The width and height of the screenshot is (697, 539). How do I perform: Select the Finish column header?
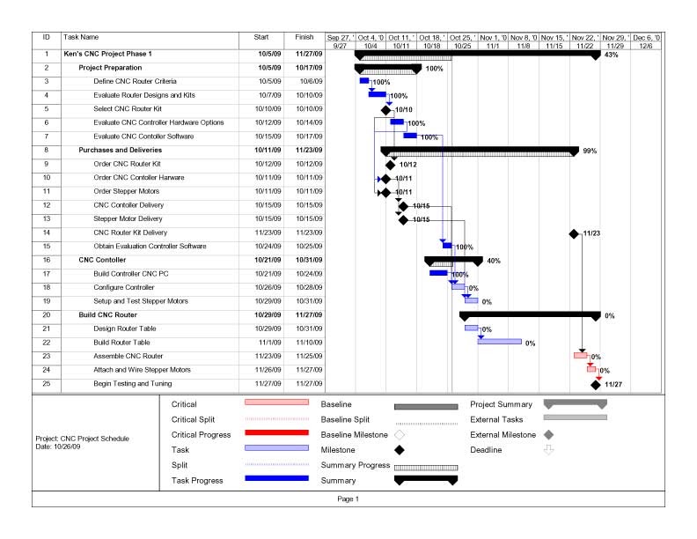click(x=305, y=38)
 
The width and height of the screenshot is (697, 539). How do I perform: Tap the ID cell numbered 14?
click(x=46, y=233)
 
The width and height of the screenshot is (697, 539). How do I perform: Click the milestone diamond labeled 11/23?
click(x=575, y=233)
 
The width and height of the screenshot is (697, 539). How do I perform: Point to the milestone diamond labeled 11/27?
click(x=596, y=384)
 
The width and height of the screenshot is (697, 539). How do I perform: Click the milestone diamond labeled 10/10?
click(x=385, y=110)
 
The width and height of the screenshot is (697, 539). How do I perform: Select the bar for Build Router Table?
click(x=499, y=342)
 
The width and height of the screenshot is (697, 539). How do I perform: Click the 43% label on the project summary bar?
click(x=612, y=55)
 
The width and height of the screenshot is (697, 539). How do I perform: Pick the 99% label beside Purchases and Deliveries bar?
click(x=590, y=151)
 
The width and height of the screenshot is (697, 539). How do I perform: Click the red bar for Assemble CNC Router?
click(x=580, y=356)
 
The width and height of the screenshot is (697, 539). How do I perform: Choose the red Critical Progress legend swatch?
click(x=276, y=433)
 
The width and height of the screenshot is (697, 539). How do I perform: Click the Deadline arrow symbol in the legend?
click(x=548, y=449)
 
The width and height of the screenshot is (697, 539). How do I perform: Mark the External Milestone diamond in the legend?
click(x=548, y=434)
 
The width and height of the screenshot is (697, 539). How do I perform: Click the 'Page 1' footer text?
click(x=348, y=499)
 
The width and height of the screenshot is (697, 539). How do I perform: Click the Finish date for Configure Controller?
click(x=305, y=287)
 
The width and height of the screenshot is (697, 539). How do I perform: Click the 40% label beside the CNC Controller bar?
click(x=494, y=261)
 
